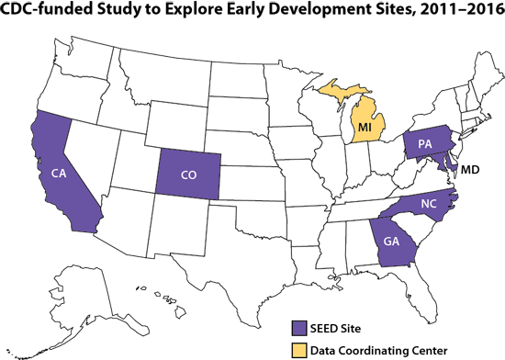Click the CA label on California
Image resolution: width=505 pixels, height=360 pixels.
pyautogui.click(x=58, y=174)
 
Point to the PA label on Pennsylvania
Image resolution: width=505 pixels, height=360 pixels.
pyautogui.click(x=425, y=144)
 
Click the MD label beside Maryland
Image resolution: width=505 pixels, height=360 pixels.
pyautogui.click(x=471, y=170)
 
